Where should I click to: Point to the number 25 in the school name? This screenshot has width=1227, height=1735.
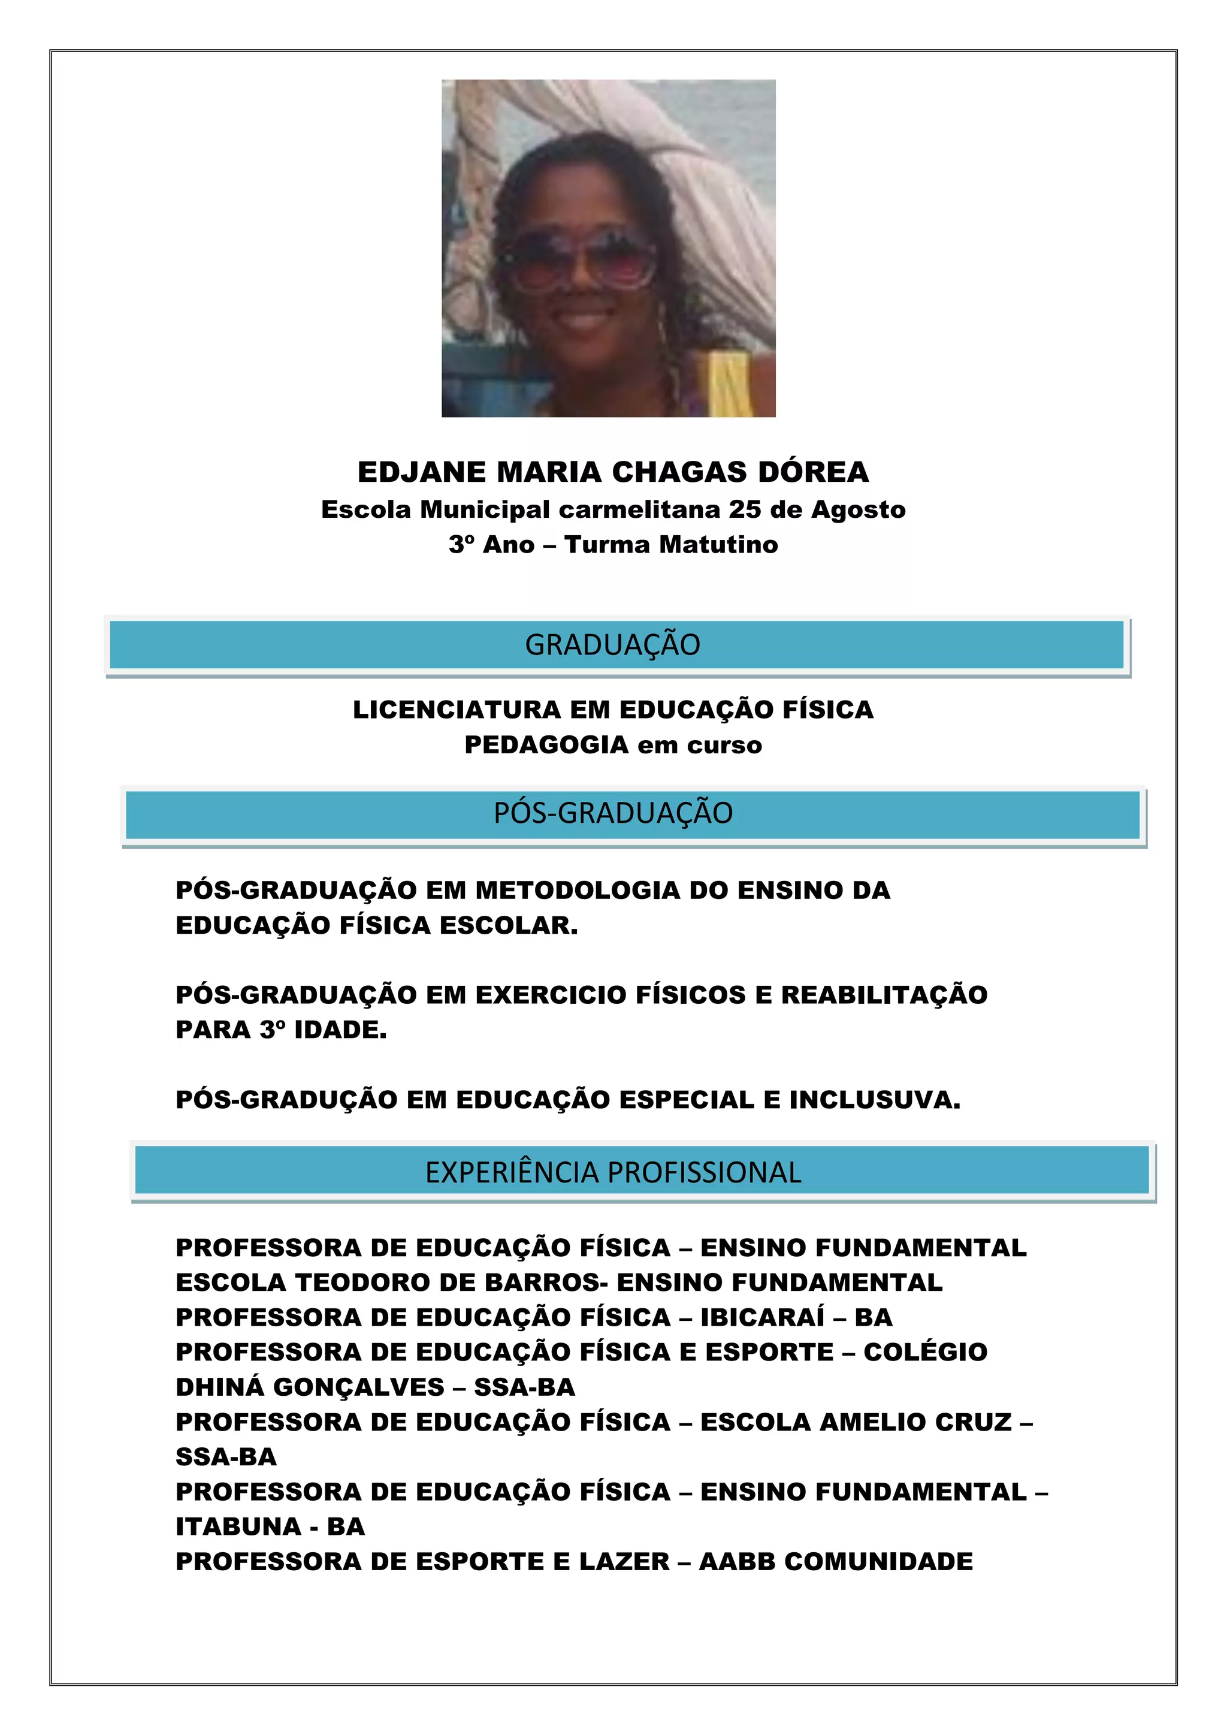[x=744, y=509]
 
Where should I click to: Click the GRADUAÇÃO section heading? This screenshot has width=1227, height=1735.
[x=613, y=645]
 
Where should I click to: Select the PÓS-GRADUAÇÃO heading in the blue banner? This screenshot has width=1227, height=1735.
[x=613, y=813]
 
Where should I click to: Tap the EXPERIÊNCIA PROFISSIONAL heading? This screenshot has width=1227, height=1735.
[x=613, y=1172]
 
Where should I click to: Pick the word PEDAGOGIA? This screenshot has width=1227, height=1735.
[x=546, y=745]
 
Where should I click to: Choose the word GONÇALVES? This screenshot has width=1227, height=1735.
[x=358, y=1387]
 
